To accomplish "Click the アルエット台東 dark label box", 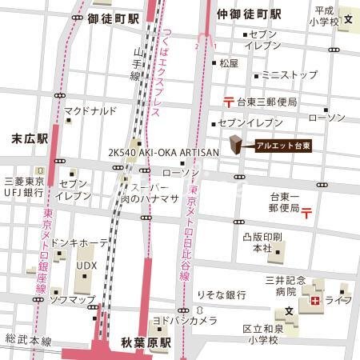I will [282, 145].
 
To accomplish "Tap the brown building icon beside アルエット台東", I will [236, 145].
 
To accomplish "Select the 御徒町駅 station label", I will [114, 15].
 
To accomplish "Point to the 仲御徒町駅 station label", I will [249, 15].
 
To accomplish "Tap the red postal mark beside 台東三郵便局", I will [229, 102].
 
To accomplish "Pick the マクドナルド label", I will [90, 110].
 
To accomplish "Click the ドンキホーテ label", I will [78, 241].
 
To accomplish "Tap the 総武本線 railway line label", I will [28, 341].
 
